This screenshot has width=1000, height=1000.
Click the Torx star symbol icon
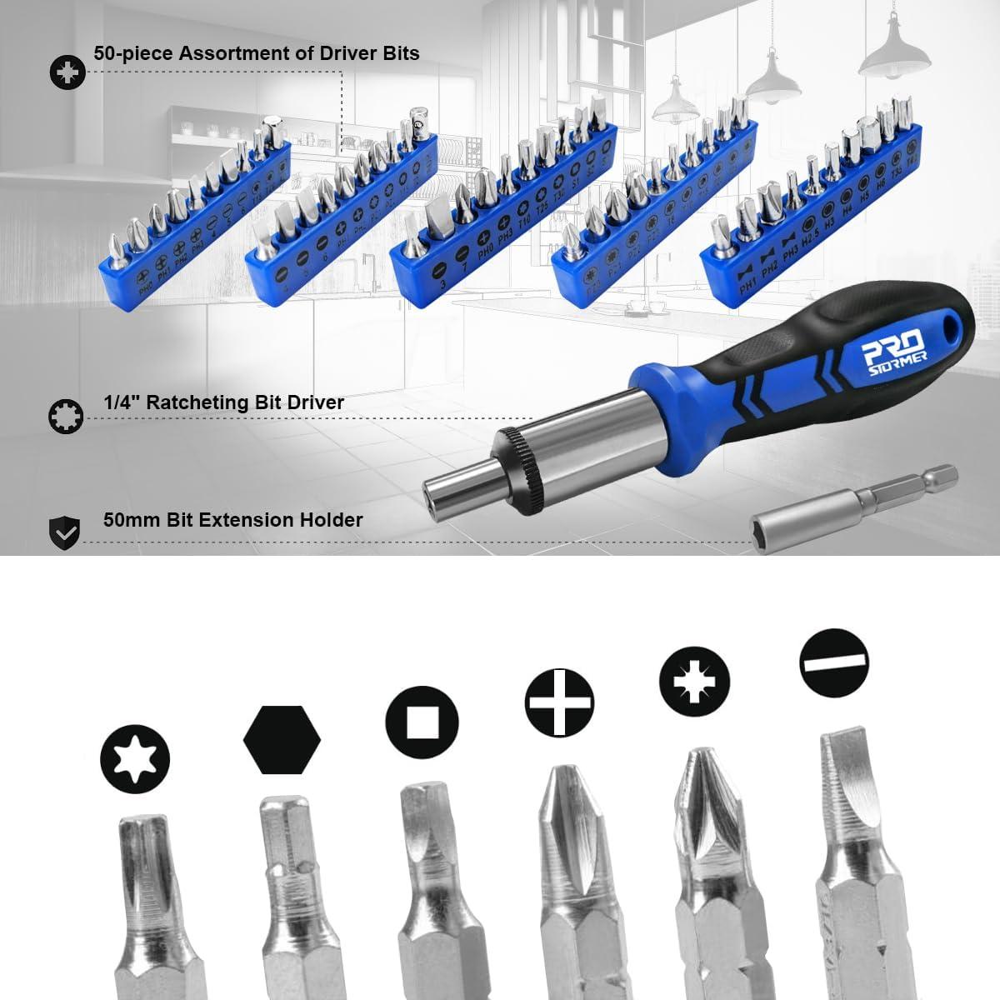pos(134,757)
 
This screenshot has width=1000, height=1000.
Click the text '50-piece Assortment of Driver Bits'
pos(257,53)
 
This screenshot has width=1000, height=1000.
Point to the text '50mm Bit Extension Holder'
pos(233,520)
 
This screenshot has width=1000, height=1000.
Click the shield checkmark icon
pos(65,530)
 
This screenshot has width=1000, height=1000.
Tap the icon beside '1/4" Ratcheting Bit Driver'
pos(65,415)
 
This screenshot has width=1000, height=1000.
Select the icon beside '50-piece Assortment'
pos(65,72)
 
